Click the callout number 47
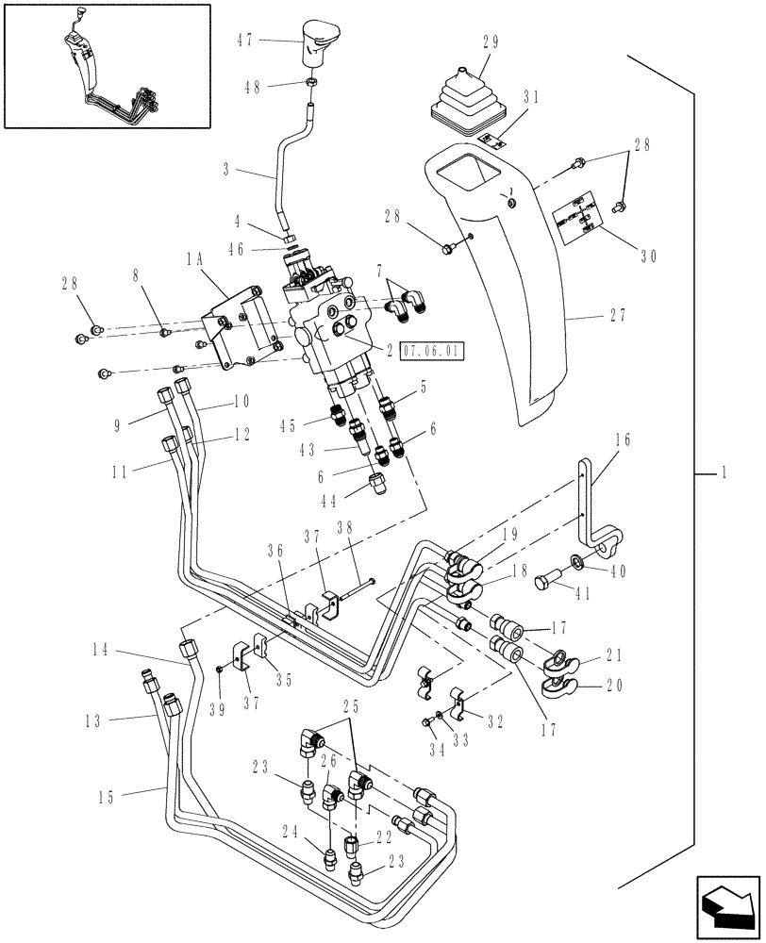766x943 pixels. coord(244,41)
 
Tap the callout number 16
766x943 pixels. coord(622,439)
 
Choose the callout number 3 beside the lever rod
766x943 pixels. coord(227,172)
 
